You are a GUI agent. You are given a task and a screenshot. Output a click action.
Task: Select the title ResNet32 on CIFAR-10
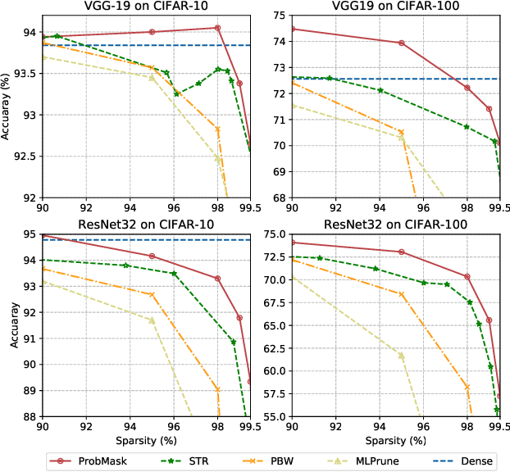tap(146, 225)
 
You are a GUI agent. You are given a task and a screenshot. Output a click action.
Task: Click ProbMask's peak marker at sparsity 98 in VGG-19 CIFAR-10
tap(217, 28)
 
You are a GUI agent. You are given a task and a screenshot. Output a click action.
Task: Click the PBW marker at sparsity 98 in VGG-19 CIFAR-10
tap(217, 129)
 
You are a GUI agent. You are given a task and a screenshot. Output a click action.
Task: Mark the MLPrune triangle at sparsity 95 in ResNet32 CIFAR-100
tap(402, 355)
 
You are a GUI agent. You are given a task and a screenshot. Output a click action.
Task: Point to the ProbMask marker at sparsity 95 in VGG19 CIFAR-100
tap(402, 43)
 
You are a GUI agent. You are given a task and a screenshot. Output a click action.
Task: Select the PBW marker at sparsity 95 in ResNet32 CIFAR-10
tap(152, 294)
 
